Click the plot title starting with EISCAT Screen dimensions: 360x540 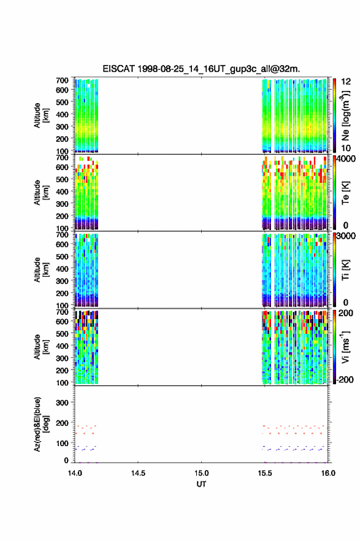[x=201, y=69]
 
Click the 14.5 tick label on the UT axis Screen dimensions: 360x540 [x=138, y=473]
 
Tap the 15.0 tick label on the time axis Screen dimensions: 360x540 [x=201, y=473]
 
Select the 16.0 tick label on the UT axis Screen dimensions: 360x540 [x=328, y=473]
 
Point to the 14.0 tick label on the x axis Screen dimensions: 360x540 [x=75, y=473]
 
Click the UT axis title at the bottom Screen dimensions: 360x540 [x=201, y=484]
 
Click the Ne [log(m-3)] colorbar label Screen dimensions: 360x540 [x=345, y=115]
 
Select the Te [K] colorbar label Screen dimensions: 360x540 [x=345, y=193]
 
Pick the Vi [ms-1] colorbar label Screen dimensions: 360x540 [x=345, y=347]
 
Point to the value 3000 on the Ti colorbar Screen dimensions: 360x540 [x=347, y=236]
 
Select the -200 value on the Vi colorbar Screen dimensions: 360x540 [x=345, y=379]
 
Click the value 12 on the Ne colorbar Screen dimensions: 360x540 [x=346, y=82]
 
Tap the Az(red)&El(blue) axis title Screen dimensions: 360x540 [x=41, y=424]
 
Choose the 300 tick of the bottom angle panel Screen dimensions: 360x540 [x=62, y=403]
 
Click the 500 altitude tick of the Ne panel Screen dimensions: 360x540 [x=62, y=102]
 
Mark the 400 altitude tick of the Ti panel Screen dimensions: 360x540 [x=62, y=269]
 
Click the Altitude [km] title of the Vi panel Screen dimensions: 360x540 [x=41, y=347]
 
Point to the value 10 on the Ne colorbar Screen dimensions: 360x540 [x=346, y=148]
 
